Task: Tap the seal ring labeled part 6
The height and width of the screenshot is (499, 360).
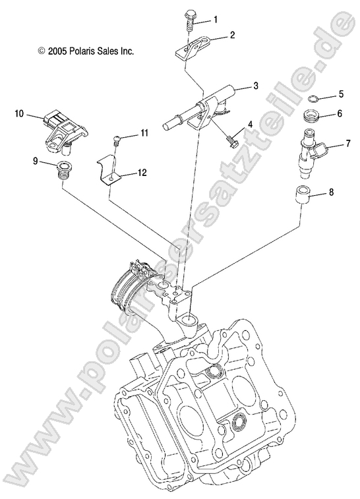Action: (312, 118)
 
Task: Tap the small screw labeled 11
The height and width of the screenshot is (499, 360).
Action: (116, 138)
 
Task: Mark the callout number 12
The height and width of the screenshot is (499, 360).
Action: (142, 173)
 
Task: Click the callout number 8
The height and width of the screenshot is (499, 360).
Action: (331, 192)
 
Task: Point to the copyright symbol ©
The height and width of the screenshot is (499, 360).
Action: (42, 50)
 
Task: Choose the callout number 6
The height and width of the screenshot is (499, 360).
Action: (340, 113)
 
